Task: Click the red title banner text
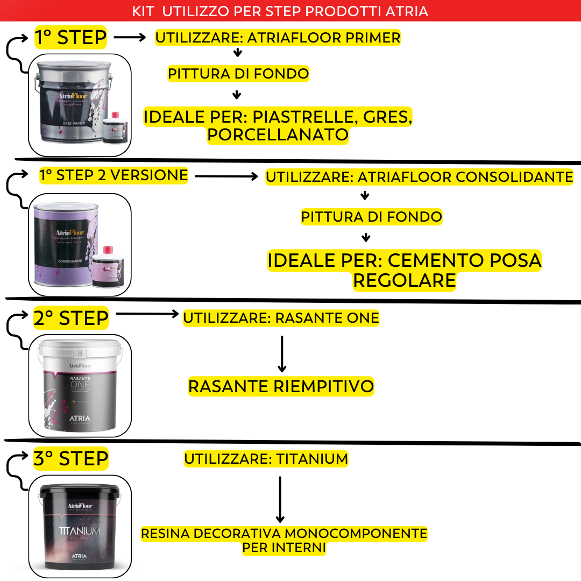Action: pyautogui.click(x=280, y=11)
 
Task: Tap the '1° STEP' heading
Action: pyautogui.click(x=70, y=38)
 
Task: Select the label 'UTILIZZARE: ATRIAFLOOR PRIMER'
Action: pyautogui.click(x=278, y=38)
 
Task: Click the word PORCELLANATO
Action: pyautogui.click(x=278, y=134)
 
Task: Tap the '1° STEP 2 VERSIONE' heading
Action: pyautogui.click(x=114, y=175)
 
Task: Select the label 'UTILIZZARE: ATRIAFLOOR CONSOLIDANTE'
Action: pyautogui.click(x=419, y=177)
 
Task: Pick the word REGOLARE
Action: pyautogui.click(x=404, y=280)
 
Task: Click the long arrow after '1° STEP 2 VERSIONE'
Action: pyautogui.click(x=226, y=176)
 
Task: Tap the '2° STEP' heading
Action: pyautogui.click(x=70, y=318)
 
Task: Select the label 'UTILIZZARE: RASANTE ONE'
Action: pyautogui.click(x=281, y=318)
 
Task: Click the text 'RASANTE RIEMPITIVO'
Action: pyautogui.click(x=281, y=386)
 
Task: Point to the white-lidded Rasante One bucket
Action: pyautogui.click(x=79, y=385)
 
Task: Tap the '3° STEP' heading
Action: pyautogui.click(x=70, y=459)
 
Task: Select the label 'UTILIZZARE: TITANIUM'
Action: pyautogui.click(x=266, y=459)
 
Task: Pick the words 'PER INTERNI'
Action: pyautogui.click(x=284, y=548)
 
